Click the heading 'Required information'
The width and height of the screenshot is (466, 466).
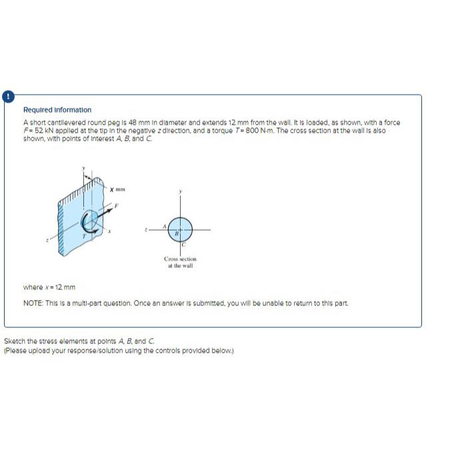(57, 109)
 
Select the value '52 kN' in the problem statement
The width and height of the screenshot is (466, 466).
(40, 130)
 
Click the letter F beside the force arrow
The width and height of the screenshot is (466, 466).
(117, 206)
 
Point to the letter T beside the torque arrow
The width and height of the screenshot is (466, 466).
(84, 235)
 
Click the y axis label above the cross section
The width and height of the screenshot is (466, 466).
(180, 191)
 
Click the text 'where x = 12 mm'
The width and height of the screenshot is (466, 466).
(49, 287)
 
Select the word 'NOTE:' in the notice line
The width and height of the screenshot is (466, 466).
(33, 303)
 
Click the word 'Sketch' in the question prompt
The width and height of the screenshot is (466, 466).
(15, 341)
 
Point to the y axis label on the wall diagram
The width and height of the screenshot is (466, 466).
(83, 167)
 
